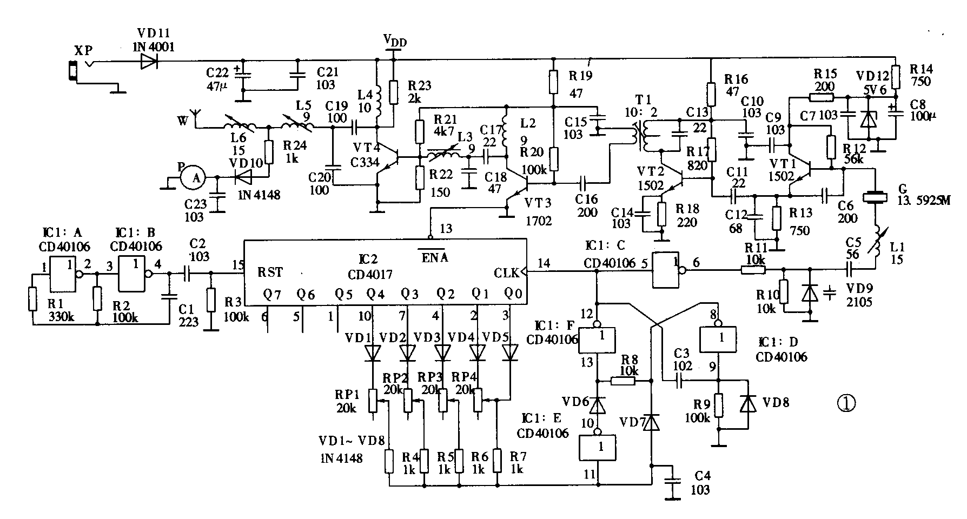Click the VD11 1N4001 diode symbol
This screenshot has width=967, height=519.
point(148,61)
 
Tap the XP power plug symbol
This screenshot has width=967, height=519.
point(72,70)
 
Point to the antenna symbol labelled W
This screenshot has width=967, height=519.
point(196,118)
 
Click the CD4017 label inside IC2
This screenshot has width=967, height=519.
point(370,274)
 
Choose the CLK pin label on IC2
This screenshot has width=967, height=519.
point(505,272)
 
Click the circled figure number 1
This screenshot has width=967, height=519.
point(846,403)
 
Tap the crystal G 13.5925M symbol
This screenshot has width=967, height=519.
point(874,198)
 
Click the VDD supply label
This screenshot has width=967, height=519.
point(395,41)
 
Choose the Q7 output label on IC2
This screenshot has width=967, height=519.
point(273,295)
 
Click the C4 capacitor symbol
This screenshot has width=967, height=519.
point(674,481)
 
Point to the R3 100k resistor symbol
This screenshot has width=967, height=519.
point(211,301)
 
